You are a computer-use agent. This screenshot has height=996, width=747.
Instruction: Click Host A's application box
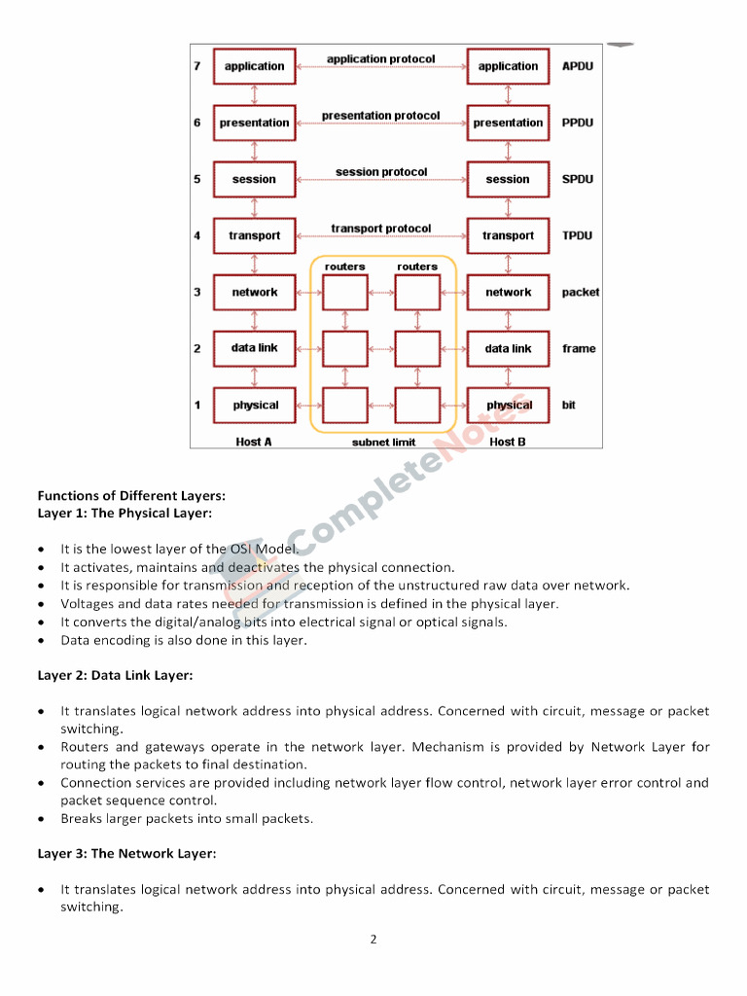click(x=254, y=66)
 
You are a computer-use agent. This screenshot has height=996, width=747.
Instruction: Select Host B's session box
click(x=508, y=179)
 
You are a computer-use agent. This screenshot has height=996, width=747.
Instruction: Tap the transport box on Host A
click(x=254, y=235)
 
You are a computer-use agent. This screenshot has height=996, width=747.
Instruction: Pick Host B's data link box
click(x=508, y=348)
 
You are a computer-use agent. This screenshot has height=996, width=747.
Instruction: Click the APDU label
click(x=577, y=66)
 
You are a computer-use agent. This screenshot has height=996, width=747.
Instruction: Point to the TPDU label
click(x=577, y=235)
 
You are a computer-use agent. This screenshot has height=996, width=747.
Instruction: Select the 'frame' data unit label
click(x=579, y=348)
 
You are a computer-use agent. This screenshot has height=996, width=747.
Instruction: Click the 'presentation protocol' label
click(x=380, y=116)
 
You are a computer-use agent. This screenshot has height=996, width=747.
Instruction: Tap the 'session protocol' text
click(x=380, y=172)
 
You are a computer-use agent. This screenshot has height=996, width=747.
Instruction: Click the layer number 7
click(x=197, y=66)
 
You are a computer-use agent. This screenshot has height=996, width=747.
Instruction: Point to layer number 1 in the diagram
click(x=197, y=405)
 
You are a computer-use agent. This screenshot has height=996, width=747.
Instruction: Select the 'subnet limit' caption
click(x=383, y=443)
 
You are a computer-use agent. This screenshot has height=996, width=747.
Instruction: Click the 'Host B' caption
click(x=508, y=442)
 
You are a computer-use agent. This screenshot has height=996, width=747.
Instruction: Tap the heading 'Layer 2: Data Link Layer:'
click(x=115, y=675)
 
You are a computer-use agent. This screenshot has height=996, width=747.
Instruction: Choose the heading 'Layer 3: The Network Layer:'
click(x=126, y=854)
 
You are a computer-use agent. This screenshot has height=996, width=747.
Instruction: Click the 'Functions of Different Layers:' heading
click(x=131, y=496)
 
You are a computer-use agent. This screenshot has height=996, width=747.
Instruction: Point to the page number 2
click(x=373, y=940)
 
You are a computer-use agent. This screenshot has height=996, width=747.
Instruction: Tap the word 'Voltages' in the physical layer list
click(x=87, y=604)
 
